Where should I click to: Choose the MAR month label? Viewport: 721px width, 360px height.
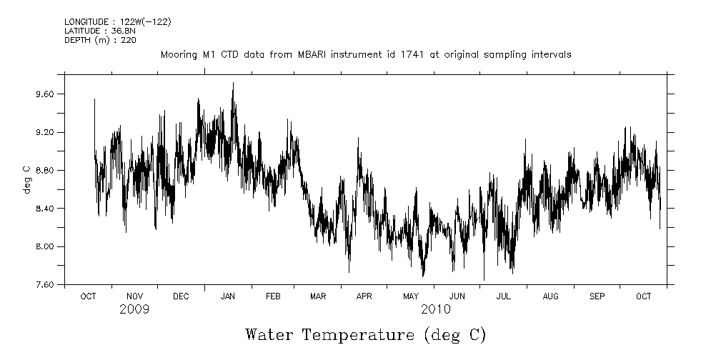coord(319,296)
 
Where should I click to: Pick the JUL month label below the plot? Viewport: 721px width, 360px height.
coord(504,296)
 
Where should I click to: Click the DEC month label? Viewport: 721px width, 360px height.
coord(181,296)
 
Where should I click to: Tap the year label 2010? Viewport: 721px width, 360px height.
coord(435,309)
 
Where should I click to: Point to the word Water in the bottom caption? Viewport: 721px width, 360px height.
coord(271,335)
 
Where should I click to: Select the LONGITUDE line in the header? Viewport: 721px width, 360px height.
coord(117,22)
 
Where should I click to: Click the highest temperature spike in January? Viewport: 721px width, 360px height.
coord(233,84)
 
